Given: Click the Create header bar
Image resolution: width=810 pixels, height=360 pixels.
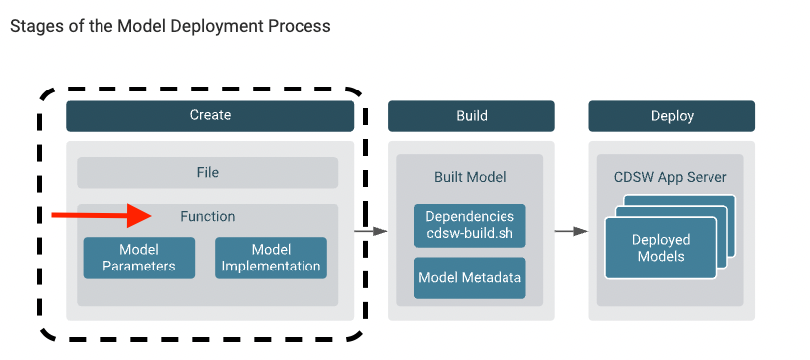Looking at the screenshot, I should [x=210, y=116].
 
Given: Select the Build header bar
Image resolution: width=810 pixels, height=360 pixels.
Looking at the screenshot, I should [x=471, y=116].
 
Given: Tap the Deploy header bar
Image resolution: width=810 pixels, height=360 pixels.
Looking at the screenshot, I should [x=671, y=116].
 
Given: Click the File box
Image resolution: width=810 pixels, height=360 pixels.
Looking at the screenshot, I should [x=207, y=172].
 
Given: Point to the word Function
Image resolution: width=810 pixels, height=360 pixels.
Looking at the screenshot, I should [x=207, y=216].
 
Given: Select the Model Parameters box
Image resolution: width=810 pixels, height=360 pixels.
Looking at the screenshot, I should [x=138, y=258].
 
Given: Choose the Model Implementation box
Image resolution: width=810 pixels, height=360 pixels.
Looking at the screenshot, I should [x=271, y=258].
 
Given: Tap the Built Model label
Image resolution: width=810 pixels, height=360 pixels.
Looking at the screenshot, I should [x=470, y=177].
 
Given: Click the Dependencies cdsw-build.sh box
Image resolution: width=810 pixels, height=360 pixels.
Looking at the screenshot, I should [x=470, y=225].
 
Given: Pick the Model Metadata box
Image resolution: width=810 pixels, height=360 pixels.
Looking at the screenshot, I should [x=470, y=278].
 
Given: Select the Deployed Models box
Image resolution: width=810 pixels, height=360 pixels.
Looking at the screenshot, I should [x=660, y=248].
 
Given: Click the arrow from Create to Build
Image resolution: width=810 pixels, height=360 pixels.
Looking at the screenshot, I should [x=371, y=231].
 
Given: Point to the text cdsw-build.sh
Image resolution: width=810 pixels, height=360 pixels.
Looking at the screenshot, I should [x=470, y=233].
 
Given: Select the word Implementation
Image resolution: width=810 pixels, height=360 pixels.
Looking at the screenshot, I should [x=271, y=266].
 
